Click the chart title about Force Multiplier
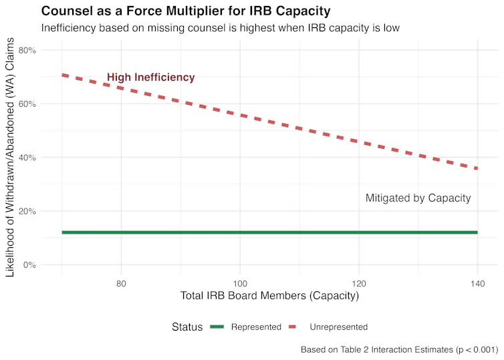coord(186,11)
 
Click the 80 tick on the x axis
coord(121,283)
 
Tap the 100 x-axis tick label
coord(240,283)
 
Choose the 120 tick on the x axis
coord(359,283)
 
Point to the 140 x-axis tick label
coord(477,283)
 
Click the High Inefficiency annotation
coord(151,77)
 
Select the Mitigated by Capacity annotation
coord(418,198)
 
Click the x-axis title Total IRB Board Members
coord(269,296)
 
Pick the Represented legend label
coord(256,327)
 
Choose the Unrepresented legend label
coord(339,327)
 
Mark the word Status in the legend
coord(187,327)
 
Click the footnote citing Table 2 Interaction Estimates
coord(399,349)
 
